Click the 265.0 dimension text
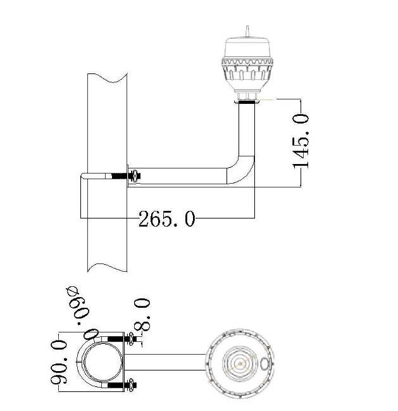coord(167,218)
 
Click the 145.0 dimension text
coord(301,141)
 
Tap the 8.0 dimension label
coord(142,313)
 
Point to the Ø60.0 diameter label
coord(82,313)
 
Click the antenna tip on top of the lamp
coord(247,26)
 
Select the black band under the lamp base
coord(247,103)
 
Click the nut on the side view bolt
coord(134,176)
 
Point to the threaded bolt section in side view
coord(119,176)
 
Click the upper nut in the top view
coord(130,339)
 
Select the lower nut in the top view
coord(130,385)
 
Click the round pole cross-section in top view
coord(102,362)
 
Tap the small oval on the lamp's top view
coord(264,364)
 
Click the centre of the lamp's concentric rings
coord(240,364)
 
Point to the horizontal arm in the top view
coord(166,362)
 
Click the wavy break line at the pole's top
coord(108,78)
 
